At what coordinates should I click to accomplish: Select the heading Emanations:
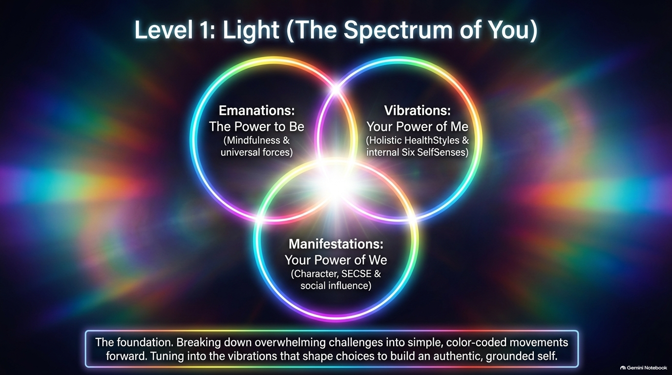pos(257,110)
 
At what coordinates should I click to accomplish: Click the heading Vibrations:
pos(417,110)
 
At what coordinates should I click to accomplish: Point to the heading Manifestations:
pos(336,244)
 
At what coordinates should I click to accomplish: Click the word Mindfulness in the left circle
pos(252,141)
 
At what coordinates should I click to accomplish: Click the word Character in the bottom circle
pos(315,274)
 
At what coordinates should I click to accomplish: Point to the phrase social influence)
pos(336,286)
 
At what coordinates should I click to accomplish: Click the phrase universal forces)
pos(257,152)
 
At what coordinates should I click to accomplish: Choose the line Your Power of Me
pos(417,126)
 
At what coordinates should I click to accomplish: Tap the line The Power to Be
pos(257,126)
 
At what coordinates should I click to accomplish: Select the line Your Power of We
pos(336,260)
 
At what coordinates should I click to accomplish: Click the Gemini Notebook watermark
pos(644,368)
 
